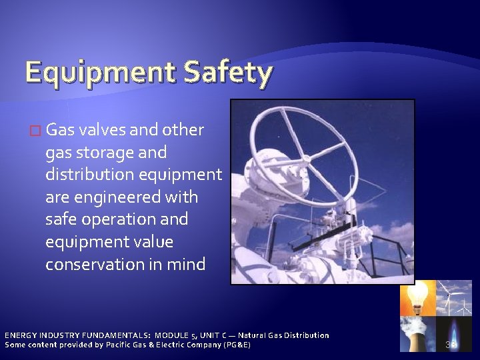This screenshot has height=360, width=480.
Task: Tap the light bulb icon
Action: coord(417,298)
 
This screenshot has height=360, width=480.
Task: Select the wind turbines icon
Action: coord(453,298)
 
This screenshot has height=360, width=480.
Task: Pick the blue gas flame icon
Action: coord(453,333)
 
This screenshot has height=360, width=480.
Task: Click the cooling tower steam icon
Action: coord(417,333)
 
